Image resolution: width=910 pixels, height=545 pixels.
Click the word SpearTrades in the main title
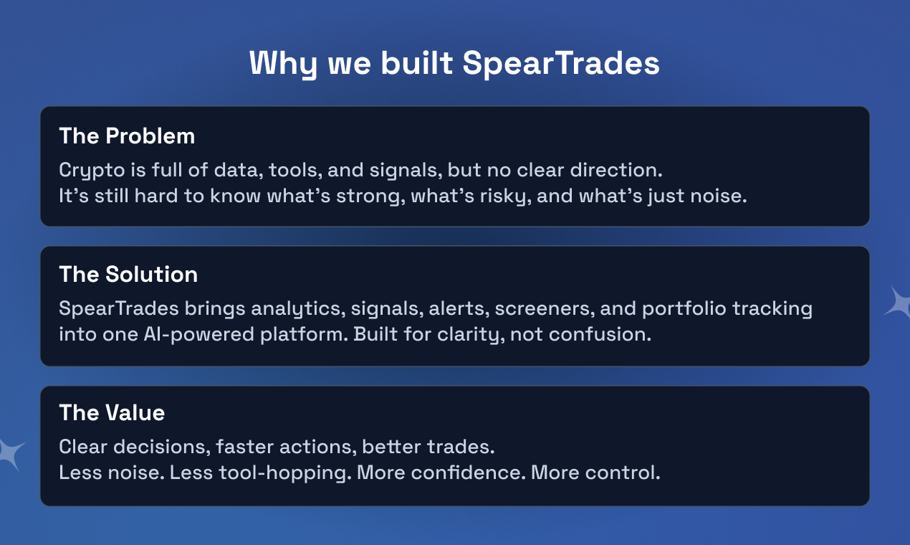[560, 63]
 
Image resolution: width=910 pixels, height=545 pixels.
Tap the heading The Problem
[127, 136]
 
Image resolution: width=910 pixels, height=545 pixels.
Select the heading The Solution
[128, 274]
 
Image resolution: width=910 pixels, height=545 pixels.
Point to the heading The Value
[112, 412]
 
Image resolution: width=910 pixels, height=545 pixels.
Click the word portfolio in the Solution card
[684, 309]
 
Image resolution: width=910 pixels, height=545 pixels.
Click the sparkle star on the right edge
[898, 303]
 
